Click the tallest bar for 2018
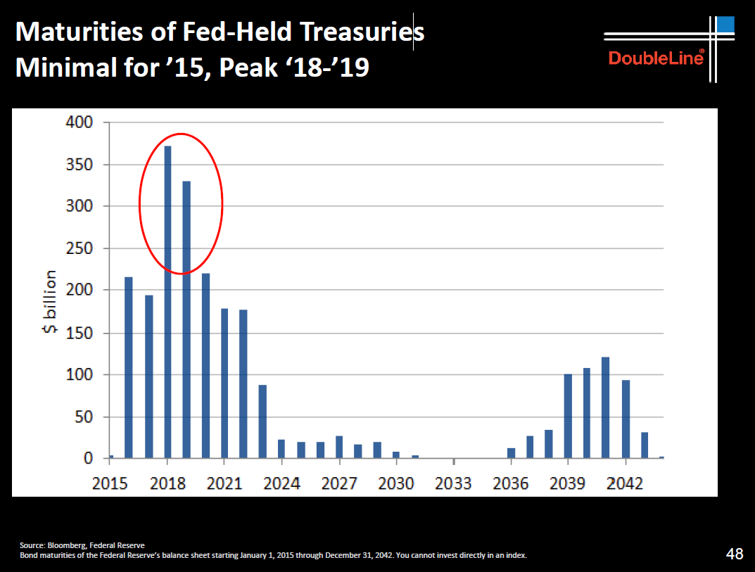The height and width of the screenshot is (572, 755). pos(168,303)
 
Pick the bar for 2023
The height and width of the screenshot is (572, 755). pos(262,421)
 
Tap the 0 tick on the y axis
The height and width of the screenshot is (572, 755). pos(88,459)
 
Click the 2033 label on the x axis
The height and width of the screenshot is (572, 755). pos(455,484)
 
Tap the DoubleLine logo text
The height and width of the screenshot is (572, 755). pos(656,58)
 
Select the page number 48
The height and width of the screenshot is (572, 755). pos(734,554)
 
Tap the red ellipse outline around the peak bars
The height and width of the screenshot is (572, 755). pos(222,203)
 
